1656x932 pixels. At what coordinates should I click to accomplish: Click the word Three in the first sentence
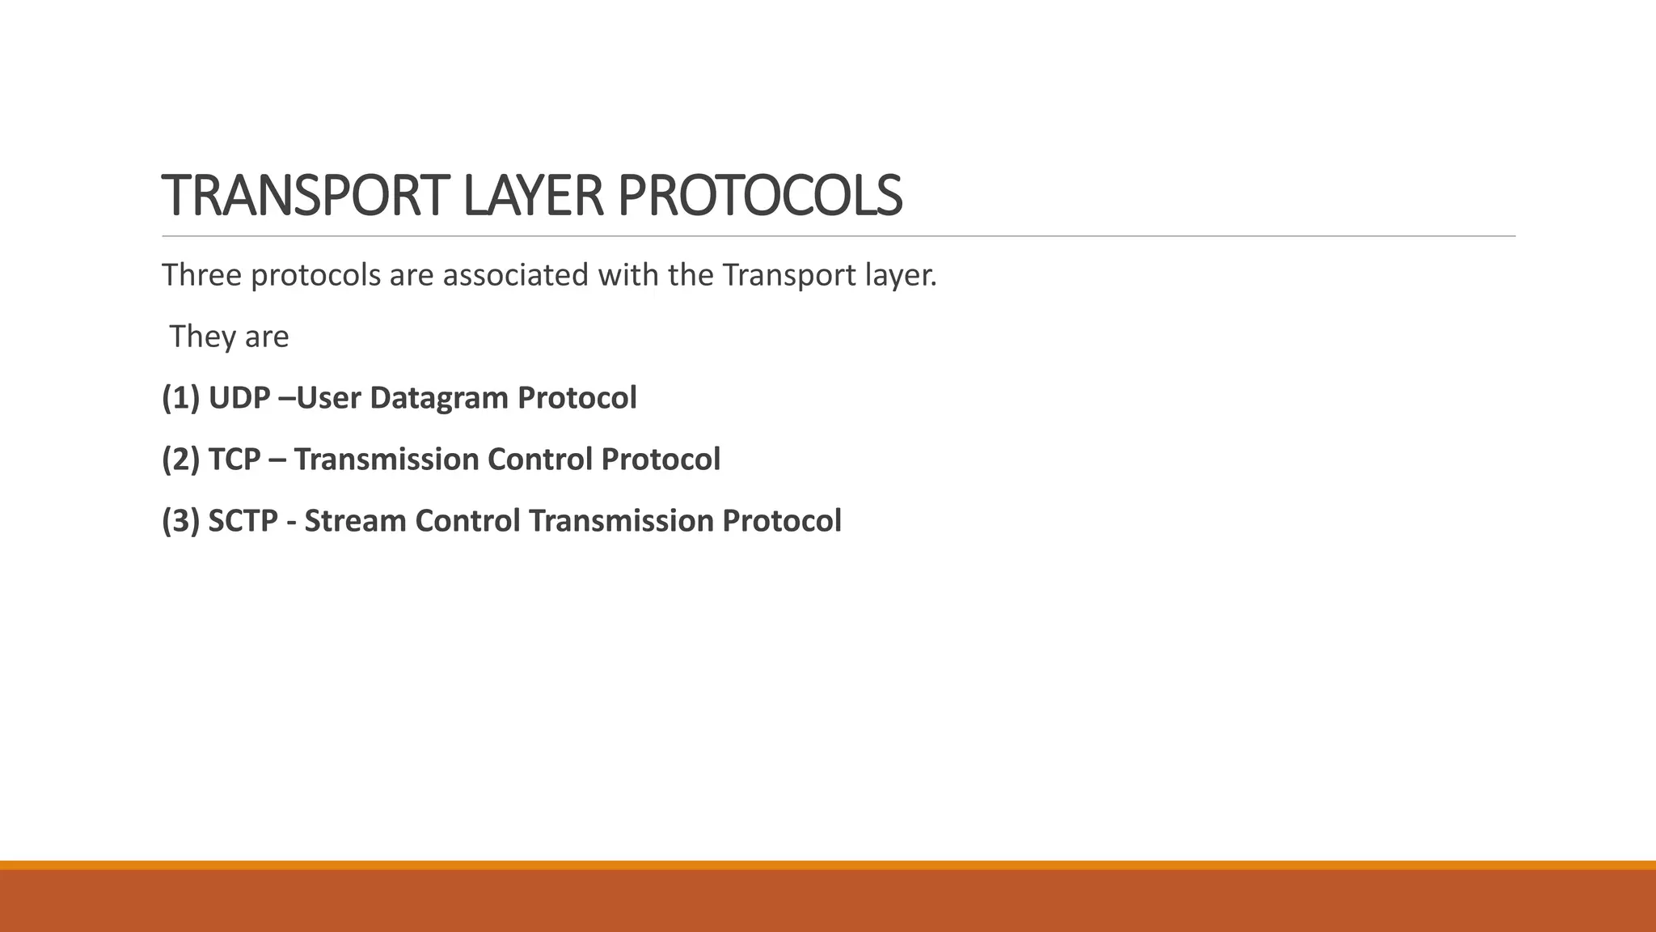pyautogui.click(x=201, y=275)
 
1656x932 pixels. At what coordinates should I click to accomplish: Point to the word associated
pyautogui.click(x=516, y=275)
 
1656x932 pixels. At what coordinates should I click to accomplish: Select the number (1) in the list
pyautogui.click(x=180, y=398)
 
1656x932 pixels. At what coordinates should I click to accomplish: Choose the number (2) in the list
pyautogui.click(x=180, y=460)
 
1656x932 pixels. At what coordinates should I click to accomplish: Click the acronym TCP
pyautogui.click(x=234, y=460)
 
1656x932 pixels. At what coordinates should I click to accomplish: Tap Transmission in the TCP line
pyautogui.click(x=387, y=460)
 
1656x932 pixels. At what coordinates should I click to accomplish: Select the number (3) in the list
pyautogui.click(x=180, y=521)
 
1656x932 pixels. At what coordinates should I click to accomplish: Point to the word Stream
pyautogui.click(x=355, y=521)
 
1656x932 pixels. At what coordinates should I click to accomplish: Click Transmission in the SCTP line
pyautogui.click(x=621, y=521)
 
